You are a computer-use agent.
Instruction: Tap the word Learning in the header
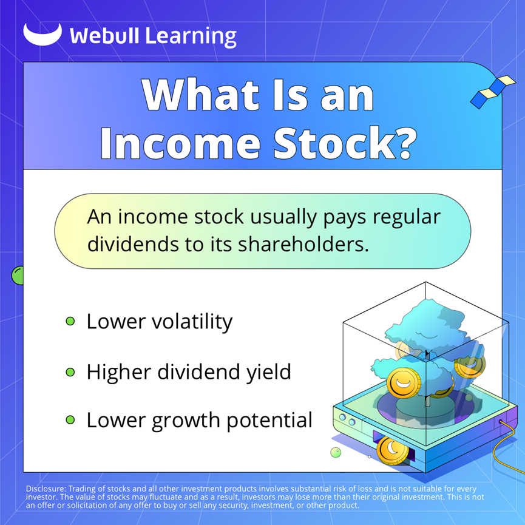[x=191, y=36]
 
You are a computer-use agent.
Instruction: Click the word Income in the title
[x=180, y=143]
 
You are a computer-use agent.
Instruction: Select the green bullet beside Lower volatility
[x=70, y=322]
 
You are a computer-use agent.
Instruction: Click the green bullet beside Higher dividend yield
[x=70, y=372]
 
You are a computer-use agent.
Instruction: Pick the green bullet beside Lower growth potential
[x=70, y=420]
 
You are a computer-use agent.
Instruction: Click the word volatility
[x=192, y=322]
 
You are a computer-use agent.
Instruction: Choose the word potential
[x=269, y=421]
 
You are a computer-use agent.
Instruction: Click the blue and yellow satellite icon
[x=493, y=92]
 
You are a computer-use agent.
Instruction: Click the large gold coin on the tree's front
[x=404, y=383]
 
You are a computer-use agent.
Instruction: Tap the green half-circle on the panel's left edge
[x=18, y=276]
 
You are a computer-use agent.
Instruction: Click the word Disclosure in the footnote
[x=46, y=489]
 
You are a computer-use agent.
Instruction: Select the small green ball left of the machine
[x=336, y=453]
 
